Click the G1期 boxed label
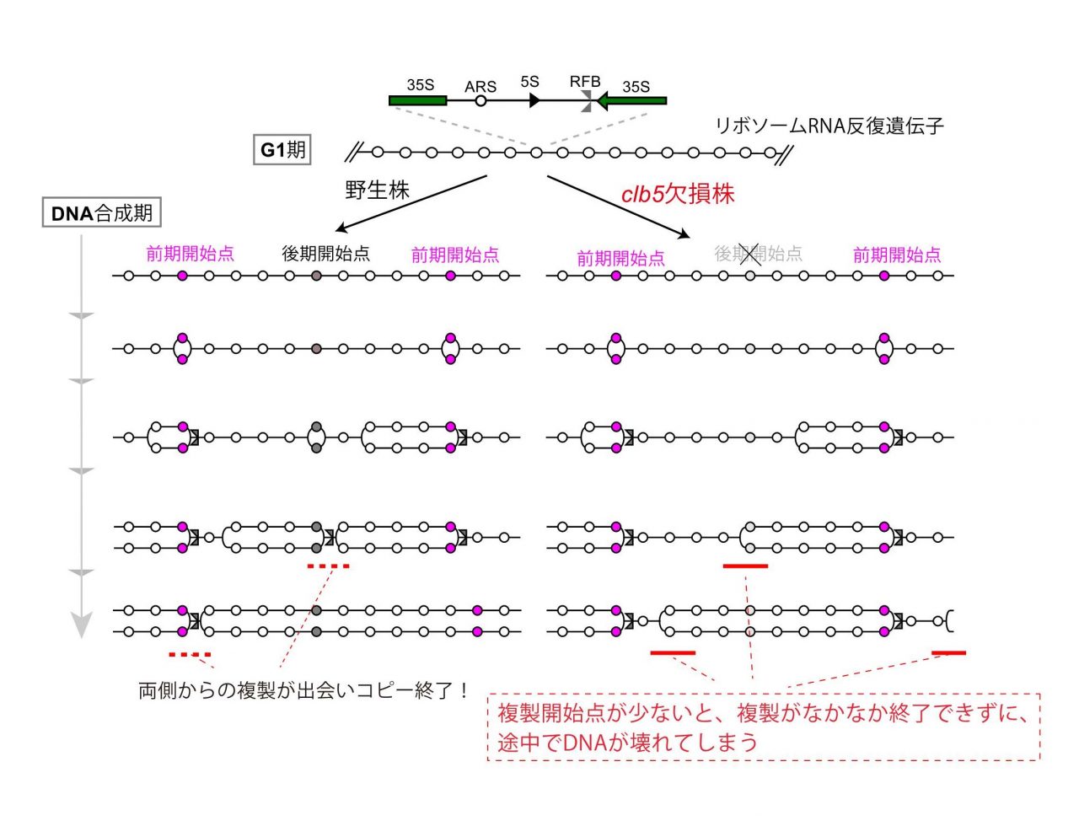282,149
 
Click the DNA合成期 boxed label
101,212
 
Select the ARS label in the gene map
480,87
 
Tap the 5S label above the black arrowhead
530,82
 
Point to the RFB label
585,82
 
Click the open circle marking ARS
480,101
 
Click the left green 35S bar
417,101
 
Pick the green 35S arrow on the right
631,101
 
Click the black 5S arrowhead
534,101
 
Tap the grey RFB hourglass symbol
587,101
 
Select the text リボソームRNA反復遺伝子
829,126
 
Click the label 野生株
377,190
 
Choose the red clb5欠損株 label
677,194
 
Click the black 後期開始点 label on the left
325,254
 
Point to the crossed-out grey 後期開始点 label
758,254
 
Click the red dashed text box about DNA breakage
763,727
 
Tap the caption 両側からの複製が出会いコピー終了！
303,690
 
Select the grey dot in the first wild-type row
316,276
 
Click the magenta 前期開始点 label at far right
897,255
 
